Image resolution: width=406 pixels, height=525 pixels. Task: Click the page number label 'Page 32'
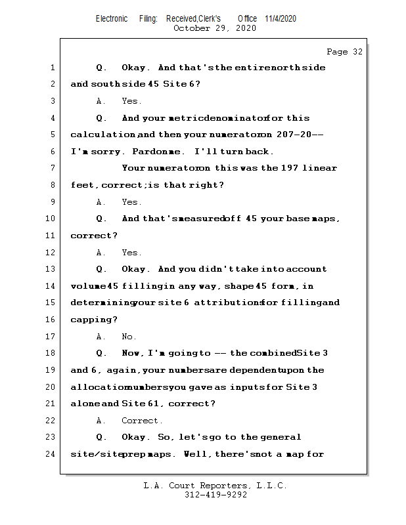(344, 52)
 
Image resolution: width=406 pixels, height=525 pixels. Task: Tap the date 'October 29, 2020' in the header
(214, 28)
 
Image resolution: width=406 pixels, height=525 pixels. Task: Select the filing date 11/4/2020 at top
(281, 18)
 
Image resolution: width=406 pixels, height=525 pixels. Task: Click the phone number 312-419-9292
(215, 495)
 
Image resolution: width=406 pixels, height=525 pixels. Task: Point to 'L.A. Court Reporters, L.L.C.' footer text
(215, 486)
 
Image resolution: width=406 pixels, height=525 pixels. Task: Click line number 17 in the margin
(52, 337)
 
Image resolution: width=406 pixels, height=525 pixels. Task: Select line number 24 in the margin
(52, 453)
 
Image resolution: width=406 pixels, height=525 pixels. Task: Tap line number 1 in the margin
(52, 68)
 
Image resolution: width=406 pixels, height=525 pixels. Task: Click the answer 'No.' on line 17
(129, 337)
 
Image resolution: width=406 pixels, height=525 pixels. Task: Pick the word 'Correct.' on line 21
(142, 421)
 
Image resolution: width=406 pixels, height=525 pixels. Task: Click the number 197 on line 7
(290, 168)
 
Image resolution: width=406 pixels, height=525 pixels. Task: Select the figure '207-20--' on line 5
(302, 135)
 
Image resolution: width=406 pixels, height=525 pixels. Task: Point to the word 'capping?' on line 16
(94, 320)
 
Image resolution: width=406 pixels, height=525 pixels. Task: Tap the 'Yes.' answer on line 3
(131, 101)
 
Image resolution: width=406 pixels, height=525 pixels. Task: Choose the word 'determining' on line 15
(101, 303)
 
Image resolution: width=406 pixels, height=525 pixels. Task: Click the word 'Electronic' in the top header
(112, 18)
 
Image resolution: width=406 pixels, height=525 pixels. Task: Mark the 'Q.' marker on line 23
(102, 437)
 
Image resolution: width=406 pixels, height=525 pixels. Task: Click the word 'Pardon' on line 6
(143, 152)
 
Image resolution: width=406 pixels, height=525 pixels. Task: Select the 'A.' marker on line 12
(101, 253)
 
